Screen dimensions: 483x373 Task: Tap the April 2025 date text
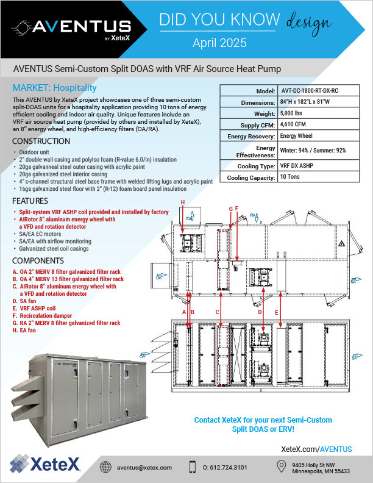(220, 43)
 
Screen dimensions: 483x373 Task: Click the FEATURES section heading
(32, 201)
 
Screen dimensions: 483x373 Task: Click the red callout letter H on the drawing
(182, 202)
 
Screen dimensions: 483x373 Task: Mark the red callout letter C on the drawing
(218, 312)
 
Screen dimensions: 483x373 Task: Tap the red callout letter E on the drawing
(277, 312)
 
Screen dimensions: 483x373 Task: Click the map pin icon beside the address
(281, 466)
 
